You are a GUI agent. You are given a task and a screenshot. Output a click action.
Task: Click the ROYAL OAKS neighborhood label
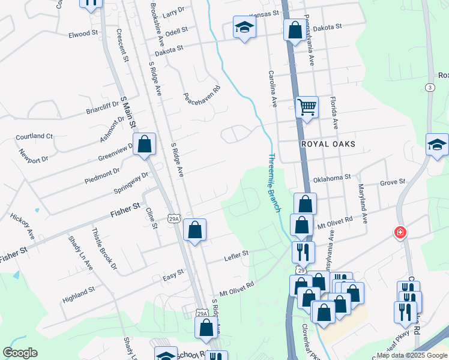(x=329, y=145)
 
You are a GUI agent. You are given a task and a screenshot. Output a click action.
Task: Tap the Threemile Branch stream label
(x=273, y=182)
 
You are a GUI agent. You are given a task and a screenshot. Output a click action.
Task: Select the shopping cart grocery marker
(x=307, y=107)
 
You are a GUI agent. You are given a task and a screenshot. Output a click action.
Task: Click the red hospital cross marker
(x=400, y=232)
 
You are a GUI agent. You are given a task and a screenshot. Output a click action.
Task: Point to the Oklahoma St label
(x=331, y=178)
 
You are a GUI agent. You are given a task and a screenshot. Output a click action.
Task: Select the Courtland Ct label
(x=34, y=136)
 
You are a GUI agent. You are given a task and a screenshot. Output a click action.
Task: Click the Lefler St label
(x=237, y=254)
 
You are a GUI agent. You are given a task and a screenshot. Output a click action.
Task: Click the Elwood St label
(x=83, y=34)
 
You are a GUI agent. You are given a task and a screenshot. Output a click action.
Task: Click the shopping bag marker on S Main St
(x=144, y=144)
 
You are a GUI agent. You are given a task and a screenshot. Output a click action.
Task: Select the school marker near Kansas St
(x=244, y=27)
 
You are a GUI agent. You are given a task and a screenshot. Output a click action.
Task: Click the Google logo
(x=20, y=353)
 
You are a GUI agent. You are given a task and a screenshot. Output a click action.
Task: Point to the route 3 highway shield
(x=430, y=88)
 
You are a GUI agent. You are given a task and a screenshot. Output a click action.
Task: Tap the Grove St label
(x=393, y=181)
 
